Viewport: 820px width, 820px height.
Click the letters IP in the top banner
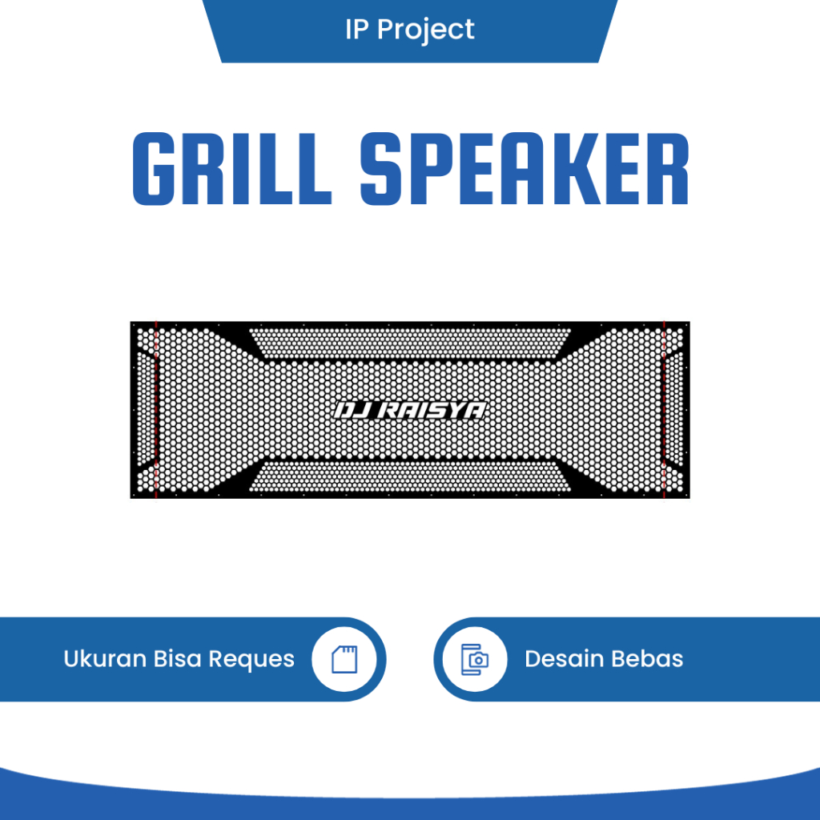click(x=357, y=30)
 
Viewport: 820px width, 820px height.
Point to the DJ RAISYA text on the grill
click(x=409, y=411)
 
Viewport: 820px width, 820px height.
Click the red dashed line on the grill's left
click(x=156, y=409)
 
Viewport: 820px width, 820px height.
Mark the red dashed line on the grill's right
click(x=664, y=409)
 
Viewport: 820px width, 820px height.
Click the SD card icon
click(x=344, y=659)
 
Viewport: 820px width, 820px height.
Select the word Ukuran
click(x=105, y=659)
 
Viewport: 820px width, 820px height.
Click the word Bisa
click(x=178, y=659)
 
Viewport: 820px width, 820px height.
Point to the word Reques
click(x=251, y=660)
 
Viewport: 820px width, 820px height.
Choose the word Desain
click(x=561, y=659)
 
